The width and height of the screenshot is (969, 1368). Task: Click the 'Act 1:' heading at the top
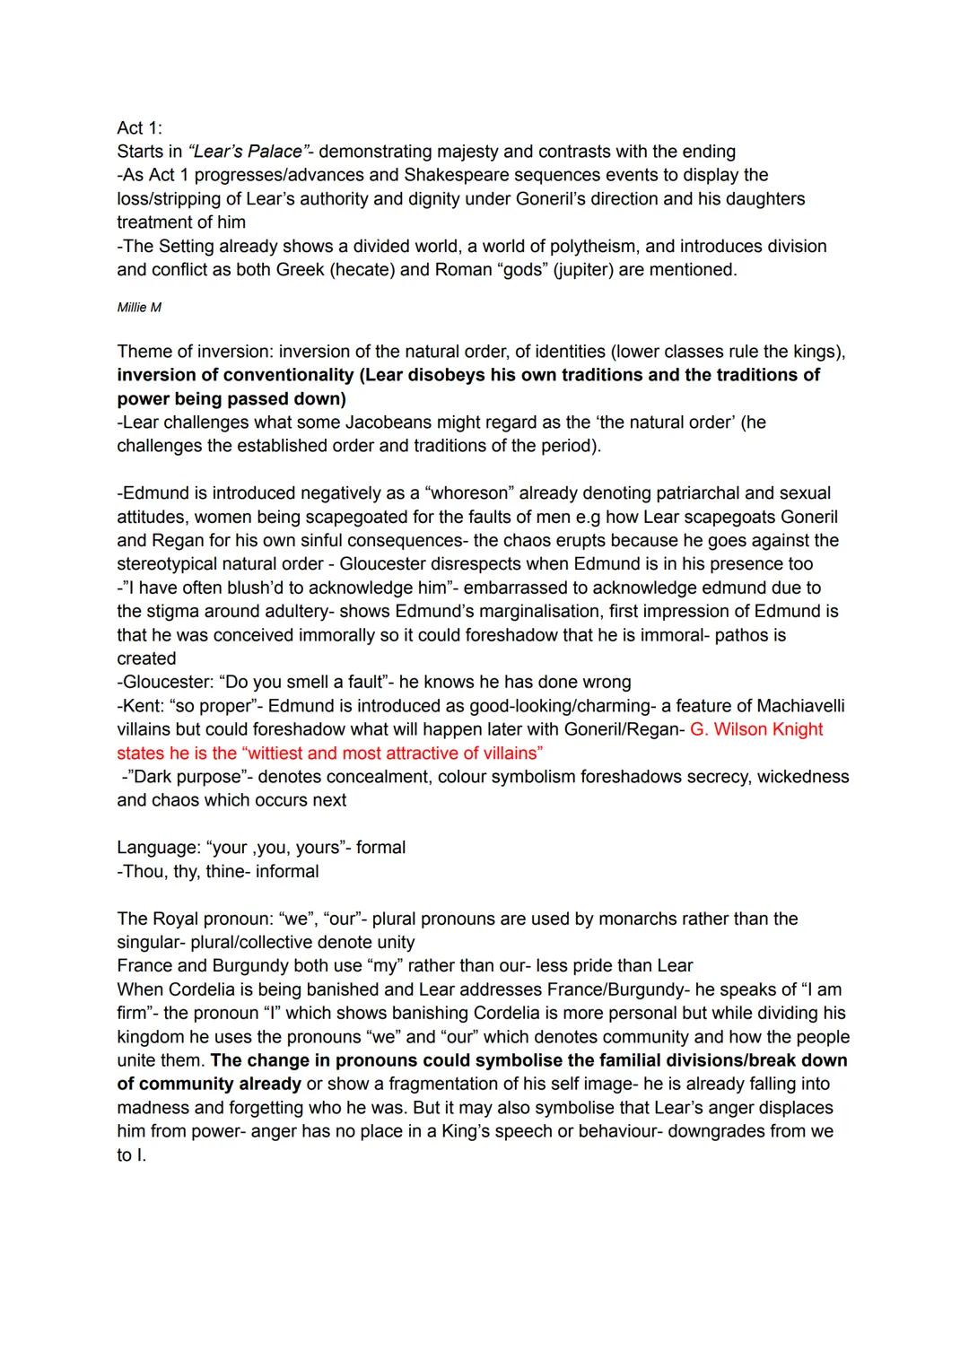(x=139, y=128)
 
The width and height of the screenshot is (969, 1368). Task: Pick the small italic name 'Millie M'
(x=139, y=308)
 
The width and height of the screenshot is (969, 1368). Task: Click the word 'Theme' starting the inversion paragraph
(x=144, y=352)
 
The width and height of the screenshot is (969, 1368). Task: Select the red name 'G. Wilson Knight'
(x=756, y=729)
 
